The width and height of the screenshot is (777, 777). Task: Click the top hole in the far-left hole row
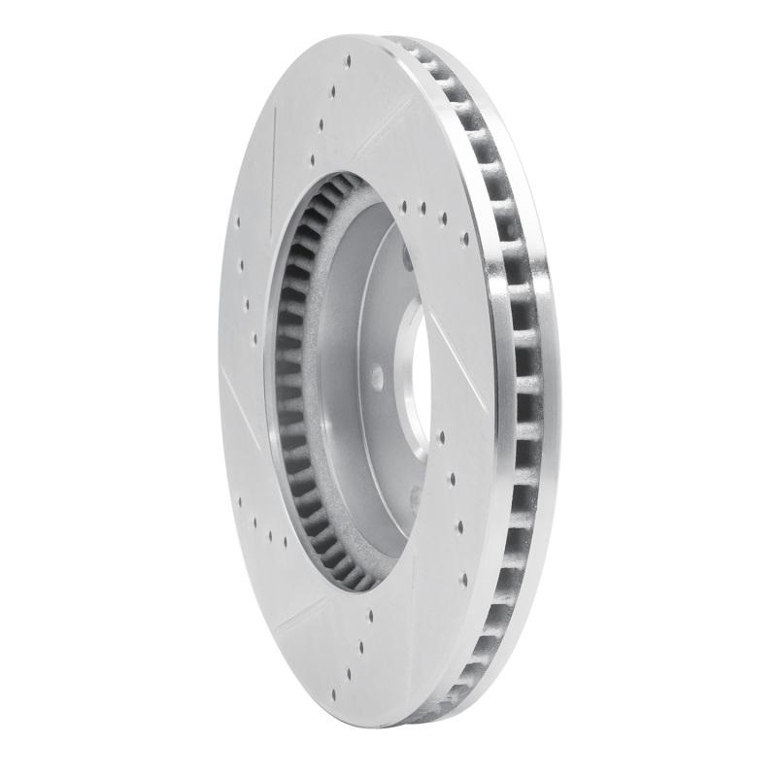(238, 221)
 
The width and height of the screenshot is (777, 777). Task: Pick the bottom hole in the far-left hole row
(254, 339)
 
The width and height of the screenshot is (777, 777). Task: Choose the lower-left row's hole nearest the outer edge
(239, 502)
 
